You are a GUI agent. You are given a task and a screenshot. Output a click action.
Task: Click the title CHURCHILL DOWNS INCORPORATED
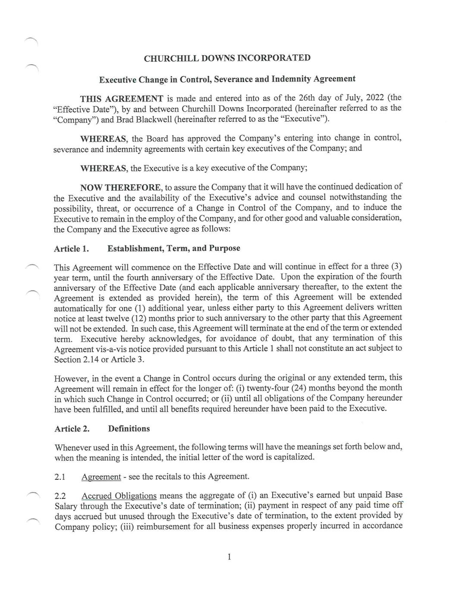227,58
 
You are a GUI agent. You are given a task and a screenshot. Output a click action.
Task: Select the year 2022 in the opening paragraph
375,98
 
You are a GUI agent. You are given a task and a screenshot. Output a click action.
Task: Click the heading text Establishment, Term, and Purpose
173,248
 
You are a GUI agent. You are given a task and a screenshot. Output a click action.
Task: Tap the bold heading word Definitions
129,428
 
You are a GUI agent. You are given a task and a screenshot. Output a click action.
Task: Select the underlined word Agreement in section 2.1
101,477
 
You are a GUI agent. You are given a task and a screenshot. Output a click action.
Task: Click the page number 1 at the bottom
229,557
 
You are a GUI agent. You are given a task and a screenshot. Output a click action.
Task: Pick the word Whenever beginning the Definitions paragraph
74,447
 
